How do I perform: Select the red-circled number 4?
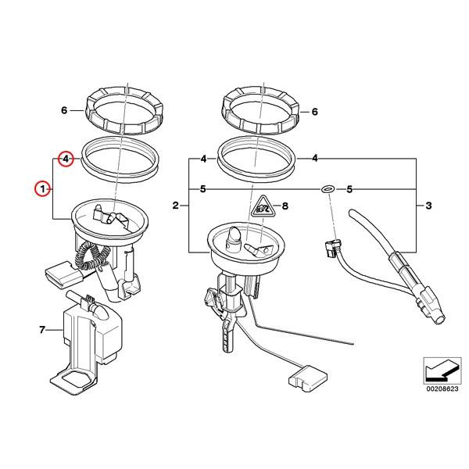(x=66, y=159)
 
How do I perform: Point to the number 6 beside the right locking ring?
(x=315, y=112)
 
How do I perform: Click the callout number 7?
(x=41, y=331)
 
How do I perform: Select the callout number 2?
(x=177, y=206)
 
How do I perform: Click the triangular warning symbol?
(x=262, y=208)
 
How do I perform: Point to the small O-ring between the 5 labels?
(x=328, y=189)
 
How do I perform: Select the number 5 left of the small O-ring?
(x=202, y=189)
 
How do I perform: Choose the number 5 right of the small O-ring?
(x=349, y=189)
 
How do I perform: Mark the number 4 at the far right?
(x=315, y=159)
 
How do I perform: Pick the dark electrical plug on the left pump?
(x=60, y=274)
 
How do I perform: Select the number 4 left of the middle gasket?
(x=202, y=159)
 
